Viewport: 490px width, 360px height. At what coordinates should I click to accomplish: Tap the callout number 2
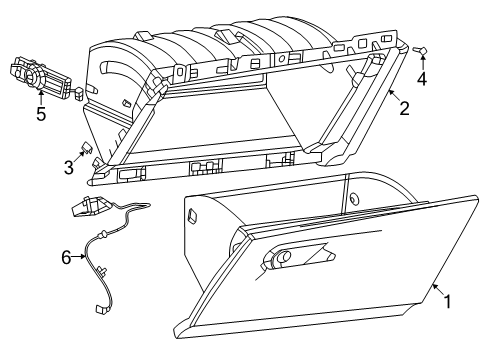[404, 108]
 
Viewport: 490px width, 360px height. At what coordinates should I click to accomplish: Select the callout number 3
[69, 168]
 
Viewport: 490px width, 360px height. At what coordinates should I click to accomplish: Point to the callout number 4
[423, 78]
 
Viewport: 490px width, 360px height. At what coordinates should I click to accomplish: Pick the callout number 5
[40, 113]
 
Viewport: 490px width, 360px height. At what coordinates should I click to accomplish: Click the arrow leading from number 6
[80, 257]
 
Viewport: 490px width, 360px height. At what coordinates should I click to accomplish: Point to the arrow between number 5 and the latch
[40, 97]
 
